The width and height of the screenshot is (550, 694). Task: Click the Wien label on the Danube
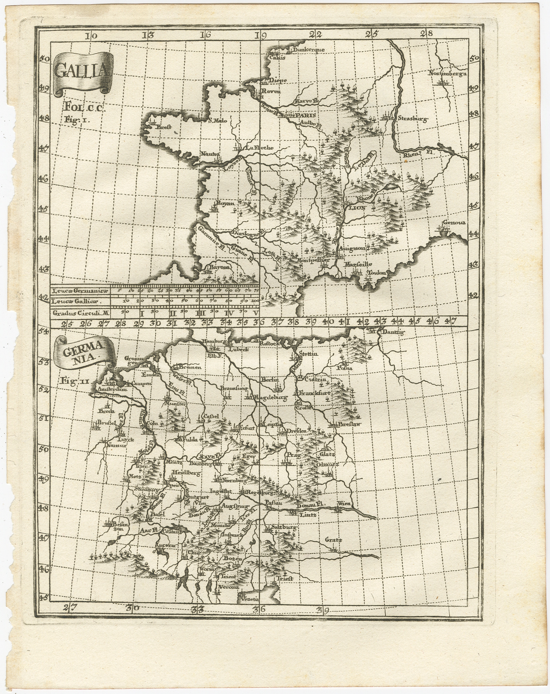click(x=344, y=504)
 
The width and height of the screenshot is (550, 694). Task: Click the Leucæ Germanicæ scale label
click(x=79, y=291)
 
